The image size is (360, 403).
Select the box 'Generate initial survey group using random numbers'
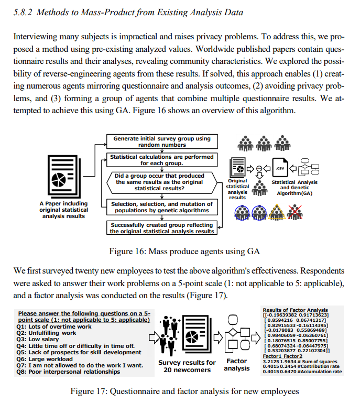click(162, 141)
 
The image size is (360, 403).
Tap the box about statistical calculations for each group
click(162, 160)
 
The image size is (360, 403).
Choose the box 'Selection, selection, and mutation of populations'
click(162, 207)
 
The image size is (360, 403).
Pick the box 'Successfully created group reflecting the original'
click(162, 228)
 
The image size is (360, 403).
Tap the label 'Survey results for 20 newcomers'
click(187, 366)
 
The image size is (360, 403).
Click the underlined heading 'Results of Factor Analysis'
click(294, 310)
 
